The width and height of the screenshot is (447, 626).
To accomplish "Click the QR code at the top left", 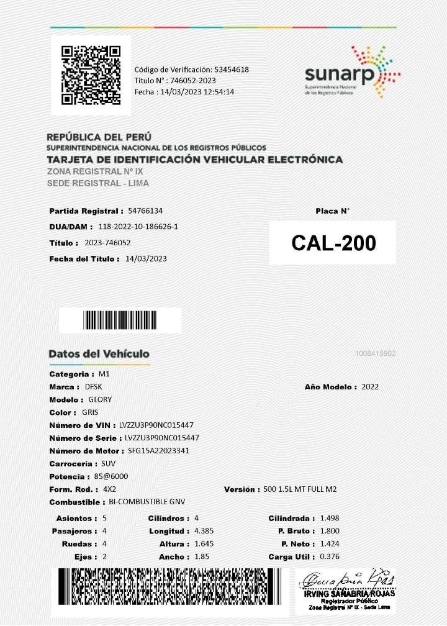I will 91,75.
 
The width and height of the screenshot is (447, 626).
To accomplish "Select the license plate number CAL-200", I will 333,243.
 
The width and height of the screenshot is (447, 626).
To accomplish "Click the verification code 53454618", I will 232,70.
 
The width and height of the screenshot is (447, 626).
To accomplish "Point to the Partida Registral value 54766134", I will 145,211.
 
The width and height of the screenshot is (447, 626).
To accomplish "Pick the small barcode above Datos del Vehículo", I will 120,320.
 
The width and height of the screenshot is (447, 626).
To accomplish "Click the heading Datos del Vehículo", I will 99,354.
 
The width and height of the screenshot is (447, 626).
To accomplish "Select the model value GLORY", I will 100,400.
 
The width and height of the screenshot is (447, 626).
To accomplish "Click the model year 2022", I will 370,387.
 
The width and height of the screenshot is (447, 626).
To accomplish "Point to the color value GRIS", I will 90,412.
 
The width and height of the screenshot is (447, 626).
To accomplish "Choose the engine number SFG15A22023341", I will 158,451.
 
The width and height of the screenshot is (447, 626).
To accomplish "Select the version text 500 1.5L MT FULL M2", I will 300,489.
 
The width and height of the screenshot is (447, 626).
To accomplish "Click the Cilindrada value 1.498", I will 329,518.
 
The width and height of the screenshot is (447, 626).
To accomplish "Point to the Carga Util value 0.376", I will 329,556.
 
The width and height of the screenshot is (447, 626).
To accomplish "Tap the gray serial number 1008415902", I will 376,353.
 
